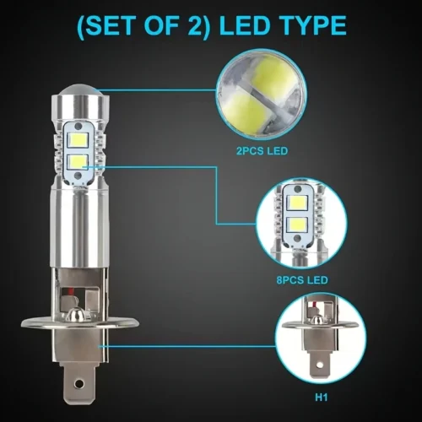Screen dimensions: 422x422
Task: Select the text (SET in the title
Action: click(109, 25)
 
